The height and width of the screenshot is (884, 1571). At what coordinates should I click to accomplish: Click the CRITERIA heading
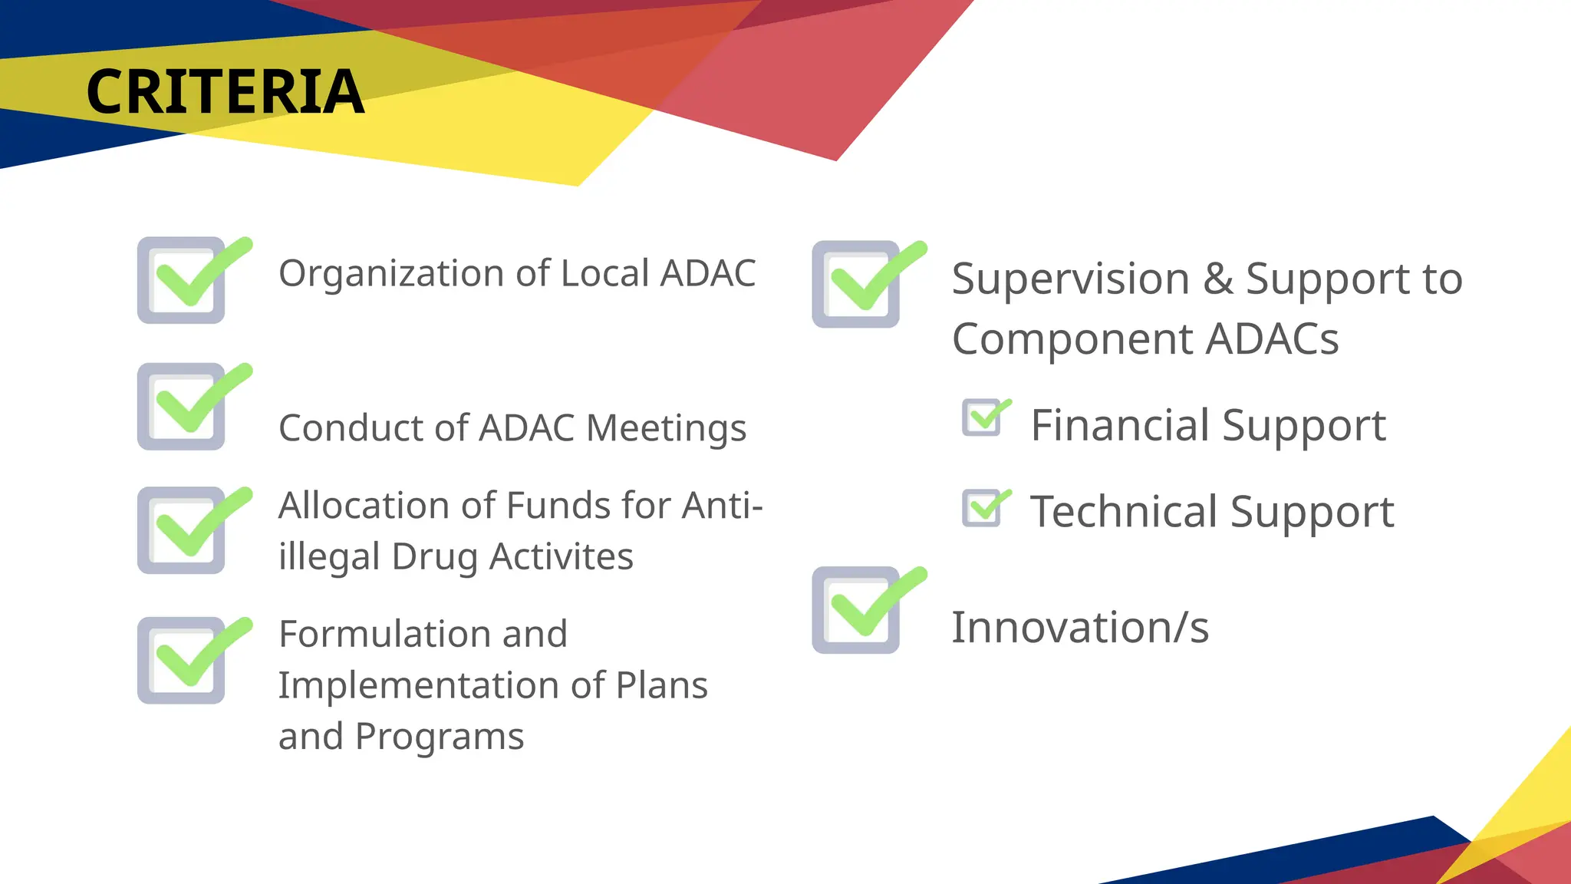(225, 92)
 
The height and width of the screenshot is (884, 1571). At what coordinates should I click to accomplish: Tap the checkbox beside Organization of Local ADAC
(183, 280)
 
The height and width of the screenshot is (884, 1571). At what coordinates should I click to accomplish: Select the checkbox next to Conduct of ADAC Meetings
(183, 407)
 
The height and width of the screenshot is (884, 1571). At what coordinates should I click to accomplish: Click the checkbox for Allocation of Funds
(183, 531)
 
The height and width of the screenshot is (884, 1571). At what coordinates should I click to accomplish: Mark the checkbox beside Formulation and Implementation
(183, 661)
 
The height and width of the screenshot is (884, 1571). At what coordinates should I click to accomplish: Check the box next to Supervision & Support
(857, 285)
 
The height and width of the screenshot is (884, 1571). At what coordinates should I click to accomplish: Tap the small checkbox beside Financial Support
(983, 418)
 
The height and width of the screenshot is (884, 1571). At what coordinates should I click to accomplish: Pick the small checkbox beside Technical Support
(983, 508)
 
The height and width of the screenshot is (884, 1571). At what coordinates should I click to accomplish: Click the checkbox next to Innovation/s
(857, 611)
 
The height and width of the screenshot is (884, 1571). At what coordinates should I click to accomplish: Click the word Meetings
(666, 429)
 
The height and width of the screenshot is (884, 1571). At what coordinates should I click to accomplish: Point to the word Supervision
(1071, 279)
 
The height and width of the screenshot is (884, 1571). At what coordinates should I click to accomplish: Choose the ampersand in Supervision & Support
(1218, 279)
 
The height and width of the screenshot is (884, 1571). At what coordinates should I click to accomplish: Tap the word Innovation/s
(1080, 628)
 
